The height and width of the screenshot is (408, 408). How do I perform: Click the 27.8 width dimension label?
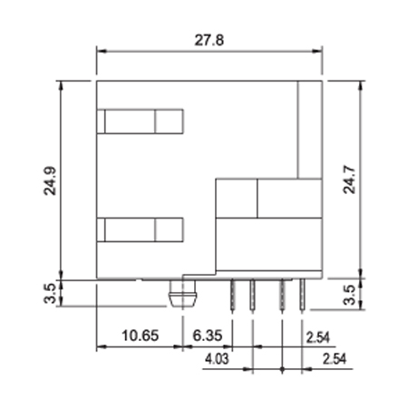point(209,40)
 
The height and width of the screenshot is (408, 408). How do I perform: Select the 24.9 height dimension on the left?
point(50,180)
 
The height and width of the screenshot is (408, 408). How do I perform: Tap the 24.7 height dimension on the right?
point(349,180)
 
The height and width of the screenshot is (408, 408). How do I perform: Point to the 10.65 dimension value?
point(140,335)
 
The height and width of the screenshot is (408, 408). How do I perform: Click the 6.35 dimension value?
point(208,335)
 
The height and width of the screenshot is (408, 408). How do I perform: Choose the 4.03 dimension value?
point(217,359)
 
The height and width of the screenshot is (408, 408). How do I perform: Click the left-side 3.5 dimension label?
point(50,293)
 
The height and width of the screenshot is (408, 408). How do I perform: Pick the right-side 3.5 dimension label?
point(349,295)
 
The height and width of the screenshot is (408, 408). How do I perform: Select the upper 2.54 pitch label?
point(318,337)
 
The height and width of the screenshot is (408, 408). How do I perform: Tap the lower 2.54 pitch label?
point(335,359)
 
